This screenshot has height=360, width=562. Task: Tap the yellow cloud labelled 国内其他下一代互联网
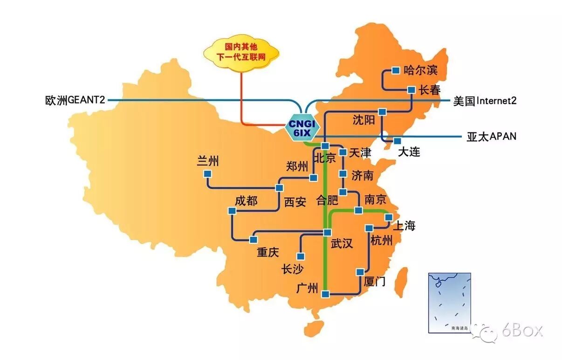click(241, 52)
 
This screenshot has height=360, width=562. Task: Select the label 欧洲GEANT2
click(75, 100)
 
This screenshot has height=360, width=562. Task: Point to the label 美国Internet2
click(485, 101)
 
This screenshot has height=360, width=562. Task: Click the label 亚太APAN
click(491, 137)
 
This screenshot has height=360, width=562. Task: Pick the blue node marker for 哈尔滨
click(396, 70)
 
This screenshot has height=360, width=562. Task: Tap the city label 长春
click(429, 90)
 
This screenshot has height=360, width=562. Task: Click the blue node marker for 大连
click(397, 141)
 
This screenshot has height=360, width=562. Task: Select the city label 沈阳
click(363, 120)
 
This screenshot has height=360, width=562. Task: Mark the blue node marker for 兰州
click(207, 174)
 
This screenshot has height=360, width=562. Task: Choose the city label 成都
click(246, 201)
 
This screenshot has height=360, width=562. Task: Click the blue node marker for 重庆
click(253, 239)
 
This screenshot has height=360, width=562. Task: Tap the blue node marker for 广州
click(325, 294)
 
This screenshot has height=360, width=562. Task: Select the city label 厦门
click(374, 281)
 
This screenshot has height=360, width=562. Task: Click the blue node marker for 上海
click(388, 217)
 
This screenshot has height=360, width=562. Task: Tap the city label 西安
click(295, 202)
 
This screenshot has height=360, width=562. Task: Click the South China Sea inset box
click(449, 303)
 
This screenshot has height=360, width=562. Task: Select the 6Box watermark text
click(522, 331)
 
